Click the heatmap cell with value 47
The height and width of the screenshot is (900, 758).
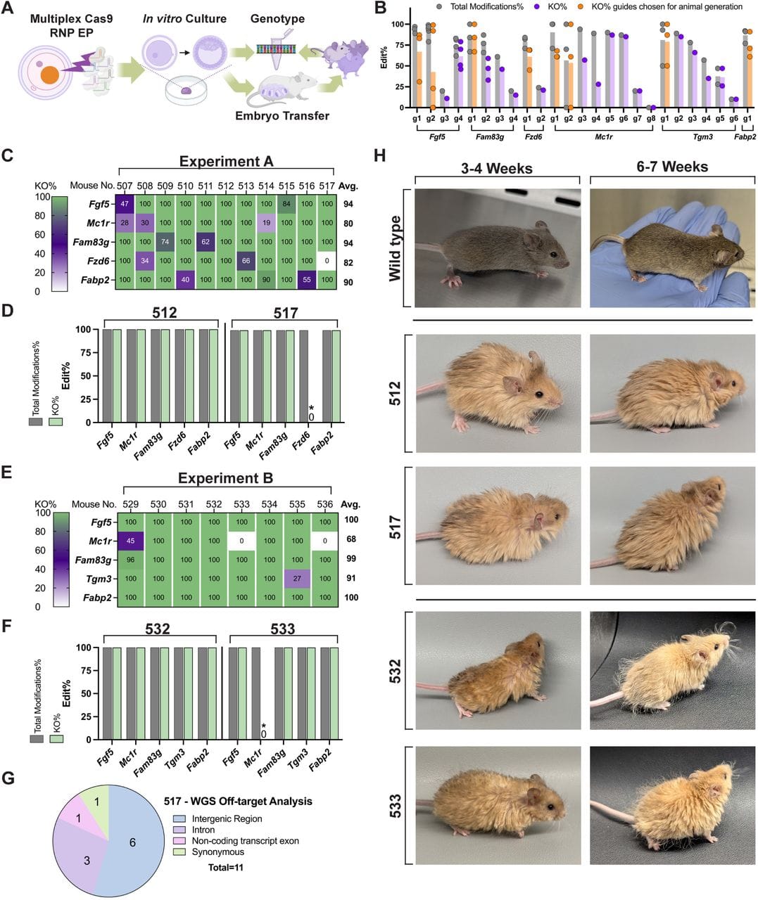tap(126, 204)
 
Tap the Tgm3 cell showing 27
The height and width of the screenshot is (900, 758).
tap(297, 579)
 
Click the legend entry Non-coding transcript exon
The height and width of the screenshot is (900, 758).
tap(236, 841)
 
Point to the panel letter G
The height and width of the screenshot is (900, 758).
tap(9, 778)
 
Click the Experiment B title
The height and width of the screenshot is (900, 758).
tap(225, 478)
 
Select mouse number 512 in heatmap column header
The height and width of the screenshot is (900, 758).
tap(225, 186)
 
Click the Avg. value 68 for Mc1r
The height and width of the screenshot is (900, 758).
tap(351, 541)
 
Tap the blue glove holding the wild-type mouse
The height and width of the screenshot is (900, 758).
tap(725, 267)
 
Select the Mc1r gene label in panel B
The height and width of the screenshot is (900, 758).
tap(604, 136)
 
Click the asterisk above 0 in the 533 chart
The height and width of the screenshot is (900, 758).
tap(263, 726)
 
